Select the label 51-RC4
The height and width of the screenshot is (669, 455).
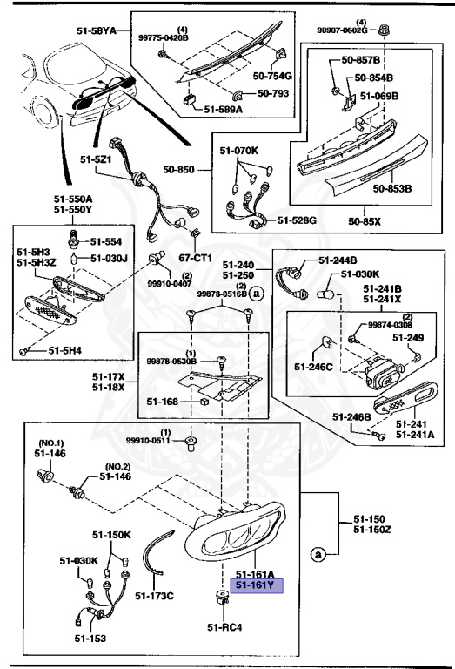click(x=224, y=626)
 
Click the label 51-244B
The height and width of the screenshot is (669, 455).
click(x=338, y=260)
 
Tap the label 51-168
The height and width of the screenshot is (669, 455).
click(x=162, y=402)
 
